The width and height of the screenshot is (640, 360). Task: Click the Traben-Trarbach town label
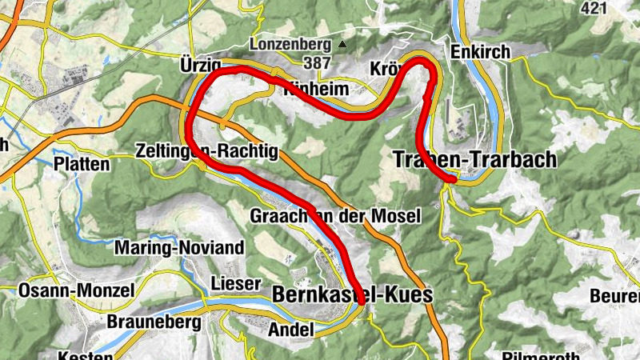click(474, 159)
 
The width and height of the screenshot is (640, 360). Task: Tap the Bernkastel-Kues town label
click(352, 295)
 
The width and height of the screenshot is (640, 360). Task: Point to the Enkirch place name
click(480, 51)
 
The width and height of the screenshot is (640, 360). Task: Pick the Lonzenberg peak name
click(289, 44)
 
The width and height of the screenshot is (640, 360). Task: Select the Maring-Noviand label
click(179, 248)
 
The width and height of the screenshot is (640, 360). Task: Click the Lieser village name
click(235, 283)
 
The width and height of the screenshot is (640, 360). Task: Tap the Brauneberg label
click(151, 324)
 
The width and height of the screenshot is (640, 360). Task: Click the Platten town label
click(82, 164)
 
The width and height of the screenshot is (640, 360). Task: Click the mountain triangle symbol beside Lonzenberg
click(342, 44)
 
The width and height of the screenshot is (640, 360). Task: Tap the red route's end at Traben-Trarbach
click(453, 180)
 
